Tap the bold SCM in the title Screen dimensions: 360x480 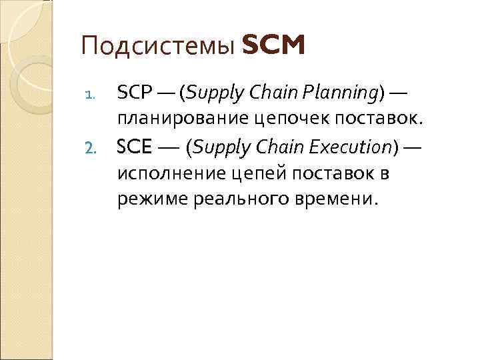pos(274,46)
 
